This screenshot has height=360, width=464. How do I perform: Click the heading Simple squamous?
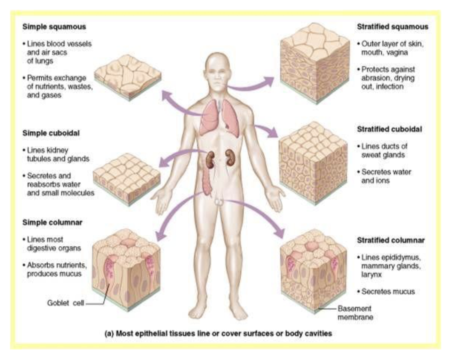[x=54, y=27]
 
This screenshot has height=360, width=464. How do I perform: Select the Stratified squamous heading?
[x=392, y=27]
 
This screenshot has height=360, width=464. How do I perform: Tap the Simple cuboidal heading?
[x=51, y=133]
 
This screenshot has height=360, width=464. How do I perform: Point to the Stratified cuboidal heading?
[x=389, y=129]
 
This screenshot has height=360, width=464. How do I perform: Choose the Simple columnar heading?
[x=52, y=222]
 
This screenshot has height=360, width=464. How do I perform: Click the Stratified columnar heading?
[x=391, y=240]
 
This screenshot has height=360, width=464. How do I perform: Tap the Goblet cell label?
[x=65, y=303]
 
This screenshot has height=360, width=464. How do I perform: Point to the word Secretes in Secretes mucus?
[x=374, y=292]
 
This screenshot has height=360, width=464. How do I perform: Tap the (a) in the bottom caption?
[x=109, y=334]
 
